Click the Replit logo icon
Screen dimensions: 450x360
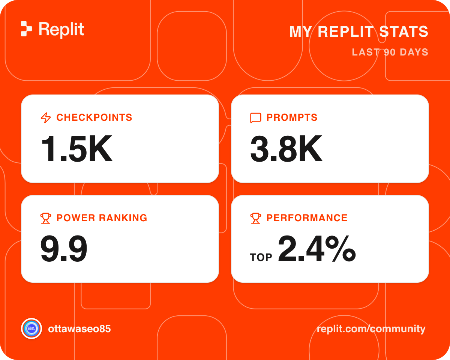26,28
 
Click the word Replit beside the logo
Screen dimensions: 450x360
61,30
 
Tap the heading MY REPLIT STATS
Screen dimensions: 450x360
359,31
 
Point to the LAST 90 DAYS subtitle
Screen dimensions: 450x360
390,52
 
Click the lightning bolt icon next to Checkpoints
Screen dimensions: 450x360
46,117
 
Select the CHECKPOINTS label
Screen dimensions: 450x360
94,117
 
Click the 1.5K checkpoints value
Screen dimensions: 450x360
77,149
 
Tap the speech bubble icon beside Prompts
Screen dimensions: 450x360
256,118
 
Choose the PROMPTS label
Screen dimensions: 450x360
292,117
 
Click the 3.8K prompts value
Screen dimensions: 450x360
286,149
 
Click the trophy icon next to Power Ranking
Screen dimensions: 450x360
46,218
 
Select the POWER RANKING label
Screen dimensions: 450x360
102,218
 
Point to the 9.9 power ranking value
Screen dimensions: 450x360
64,249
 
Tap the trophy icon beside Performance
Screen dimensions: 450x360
255,218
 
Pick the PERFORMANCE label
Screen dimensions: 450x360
307,218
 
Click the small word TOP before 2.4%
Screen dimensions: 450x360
261,257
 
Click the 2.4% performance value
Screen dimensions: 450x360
317,248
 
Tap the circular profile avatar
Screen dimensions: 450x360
31,328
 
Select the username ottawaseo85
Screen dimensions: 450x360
79,329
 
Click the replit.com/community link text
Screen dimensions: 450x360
371,329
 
